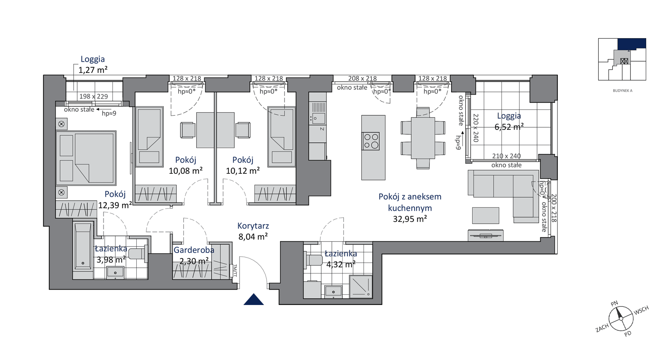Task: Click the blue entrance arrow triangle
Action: click(254, 300)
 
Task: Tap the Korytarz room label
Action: click(253, 226)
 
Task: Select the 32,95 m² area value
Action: click(410, 219)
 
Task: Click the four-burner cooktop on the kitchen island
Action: click(371, 141)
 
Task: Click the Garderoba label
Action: click(194, 250)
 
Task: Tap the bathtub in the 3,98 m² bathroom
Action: click(83, 246)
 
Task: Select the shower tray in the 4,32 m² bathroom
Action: click(361, 286)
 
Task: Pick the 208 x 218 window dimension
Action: click(362, 78)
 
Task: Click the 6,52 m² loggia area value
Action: click(509, 127)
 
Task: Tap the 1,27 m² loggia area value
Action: click(93, 70)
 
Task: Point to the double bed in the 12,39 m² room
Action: click(86, 158)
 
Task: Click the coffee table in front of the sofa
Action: click(485, 216)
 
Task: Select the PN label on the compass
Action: click(614, 304)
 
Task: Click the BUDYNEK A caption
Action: click(622, 91)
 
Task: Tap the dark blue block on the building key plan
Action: click(632, 43)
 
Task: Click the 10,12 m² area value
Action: click(243, 171)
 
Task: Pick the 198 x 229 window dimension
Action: click(93, 96)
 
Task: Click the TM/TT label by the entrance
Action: click(235, 271)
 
